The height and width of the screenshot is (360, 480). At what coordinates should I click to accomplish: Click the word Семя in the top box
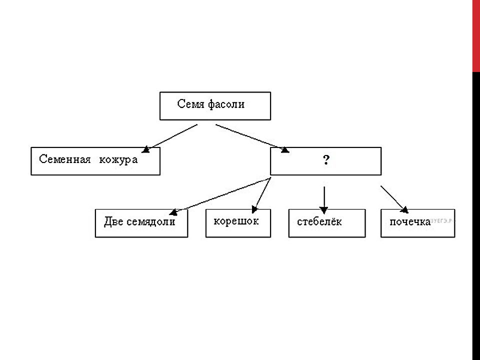[x=190, y=104]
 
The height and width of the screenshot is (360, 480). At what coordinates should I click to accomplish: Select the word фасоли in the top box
[x=226, y=104]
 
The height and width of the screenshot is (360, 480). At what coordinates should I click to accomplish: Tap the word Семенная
[x=65, y=159]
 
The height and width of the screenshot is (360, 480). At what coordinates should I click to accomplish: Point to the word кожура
[x=118, y=160]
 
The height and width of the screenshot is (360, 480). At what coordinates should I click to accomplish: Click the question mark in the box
[x=326, y=160]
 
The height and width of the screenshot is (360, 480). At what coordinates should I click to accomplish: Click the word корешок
[x=236, y=221]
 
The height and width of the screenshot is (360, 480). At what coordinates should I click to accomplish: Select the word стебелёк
[x=319, y=221]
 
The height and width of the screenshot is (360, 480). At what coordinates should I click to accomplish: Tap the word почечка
[x=410, y=222]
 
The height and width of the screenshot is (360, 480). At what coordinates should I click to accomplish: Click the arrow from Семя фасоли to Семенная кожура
[x=169, y=138]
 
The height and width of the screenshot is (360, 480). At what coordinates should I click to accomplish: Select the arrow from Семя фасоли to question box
[x=252, y=138]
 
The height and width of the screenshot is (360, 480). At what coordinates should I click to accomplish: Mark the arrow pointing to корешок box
[x=261, y=195]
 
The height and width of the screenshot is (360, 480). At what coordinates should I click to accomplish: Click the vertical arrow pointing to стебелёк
[x=324, y=200]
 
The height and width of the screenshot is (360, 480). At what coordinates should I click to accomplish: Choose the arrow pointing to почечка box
[x=394, y=199]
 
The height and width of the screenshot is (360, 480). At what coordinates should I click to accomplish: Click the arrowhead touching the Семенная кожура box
[x=145, y=149]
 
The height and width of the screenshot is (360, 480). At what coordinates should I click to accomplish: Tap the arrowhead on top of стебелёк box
[x=324, y=210]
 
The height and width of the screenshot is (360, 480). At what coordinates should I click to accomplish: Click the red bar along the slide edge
[x=476, y=36]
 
